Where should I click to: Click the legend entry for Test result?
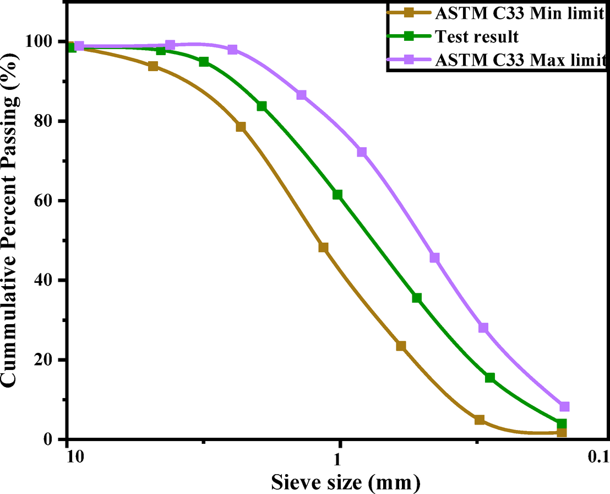point(476,37)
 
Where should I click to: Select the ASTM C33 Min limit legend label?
point(519,14)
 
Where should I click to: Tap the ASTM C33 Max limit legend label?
point(519,60)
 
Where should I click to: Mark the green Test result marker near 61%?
point(337,195)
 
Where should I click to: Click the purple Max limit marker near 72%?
point(362,152)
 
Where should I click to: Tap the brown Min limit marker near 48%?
point(323,248)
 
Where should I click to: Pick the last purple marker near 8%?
point(564,407)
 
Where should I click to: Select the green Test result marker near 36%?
point(417,298)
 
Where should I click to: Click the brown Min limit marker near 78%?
point(241,127)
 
